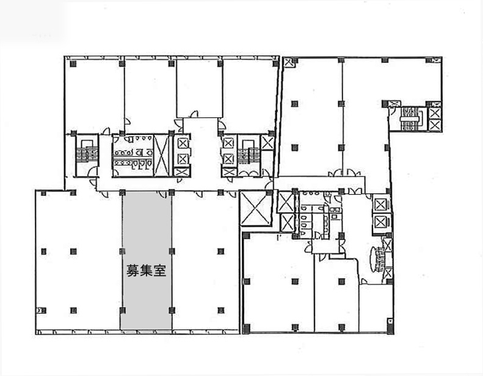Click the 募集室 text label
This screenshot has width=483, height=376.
147,270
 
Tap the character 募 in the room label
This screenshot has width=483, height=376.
133,270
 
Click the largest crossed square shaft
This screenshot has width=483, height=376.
256,208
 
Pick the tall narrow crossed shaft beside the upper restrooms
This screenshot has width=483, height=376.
161,156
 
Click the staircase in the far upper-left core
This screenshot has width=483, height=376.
87,151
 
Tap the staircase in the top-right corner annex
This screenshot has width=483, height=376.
409,118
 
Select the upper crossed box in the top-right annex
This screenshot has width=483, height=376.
435,114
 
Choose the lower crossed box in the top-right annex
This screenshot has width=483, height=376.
435,125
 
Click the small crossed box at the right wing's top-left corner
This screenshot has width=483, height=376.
289,62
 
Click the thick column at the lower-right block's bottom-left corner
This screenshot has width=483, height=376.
246,328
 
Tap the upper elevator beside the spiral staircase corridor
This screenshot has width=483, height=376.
380,204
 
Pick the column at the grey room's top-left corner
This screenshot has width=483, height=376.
122,193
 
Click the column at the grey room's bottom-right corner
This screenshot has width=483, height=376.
172,310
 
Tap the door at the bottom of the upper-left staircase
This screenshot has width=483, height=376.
92,172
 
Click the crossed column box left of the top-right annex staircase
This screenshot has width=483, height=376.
394,104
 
